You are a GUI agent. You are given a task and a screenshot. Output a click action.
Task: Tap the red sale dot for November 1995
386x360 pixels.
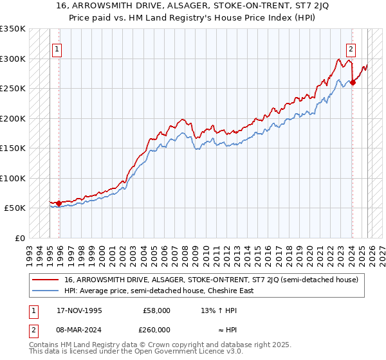pyautogui.click(x=59, y=204)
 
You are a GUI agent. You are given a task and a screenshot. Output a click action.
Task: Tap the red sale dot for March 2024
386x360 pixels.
pyautogui.click(x=353, y=83)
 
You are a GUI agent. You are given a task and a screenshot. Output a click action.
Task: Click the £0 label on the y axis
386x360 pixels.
pyautogui.click(x=19, y=238)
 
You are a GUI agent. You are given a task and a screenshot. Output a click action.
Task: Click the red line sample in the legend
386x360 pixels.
pyautogui.click(x=46, y=280)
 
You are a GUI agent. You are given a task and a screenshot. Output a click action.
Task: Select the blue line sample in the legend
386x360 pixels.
pyautogui.click(x=46, y=291)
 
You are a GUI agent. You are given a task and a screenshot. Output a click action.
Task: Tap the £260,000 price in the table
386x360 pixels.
pyautogui.click(x=156, y=330)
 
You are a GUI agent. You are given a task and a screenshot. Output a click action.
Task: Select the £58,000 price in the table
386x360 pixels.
pyautogui.click(x=156, y=310)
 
